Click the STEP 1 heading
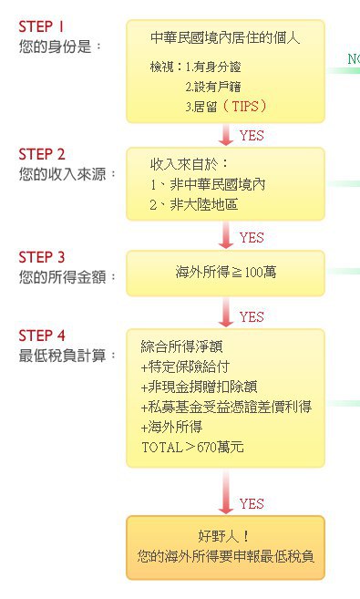41,26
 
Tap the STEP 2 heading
42,154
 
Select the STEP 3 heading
42,257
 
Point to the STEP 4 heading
42,336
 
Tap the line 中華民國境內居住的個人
225,37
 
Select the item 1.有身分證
213,67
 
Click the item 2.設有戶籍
213,87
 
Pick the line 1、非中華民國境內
207,185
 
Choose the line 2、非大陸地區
193,205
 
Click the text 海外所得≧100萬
226,272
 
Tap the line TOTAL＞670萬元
192,447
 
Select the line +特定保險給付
185,367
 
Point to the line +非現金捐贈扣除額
199,387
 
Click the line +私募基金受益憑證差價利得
226,407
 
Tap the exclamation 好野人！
224,536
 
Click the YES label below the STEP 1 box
252,136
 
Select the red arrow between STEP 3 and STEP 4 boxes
226,313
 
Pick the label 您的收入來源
62,174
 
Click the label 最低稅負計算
62,356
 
